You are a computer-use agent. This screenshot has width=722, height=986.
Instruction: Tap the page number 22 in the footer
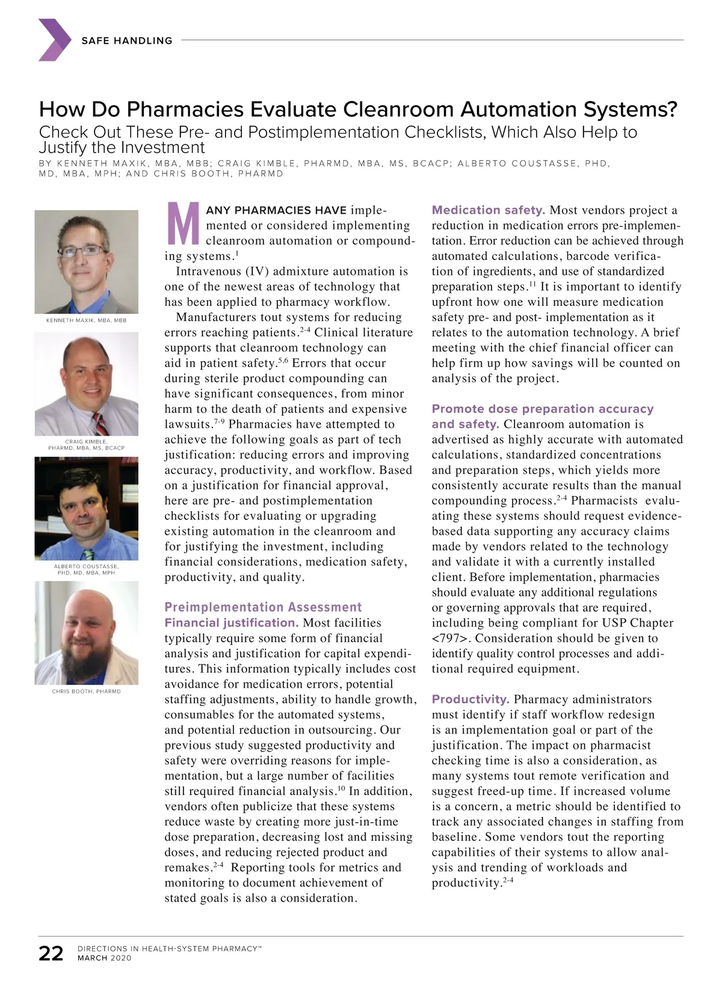[x=51, y=953]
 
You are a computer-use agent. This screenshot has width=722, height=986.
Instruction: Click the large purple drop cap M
[x=183, y=224]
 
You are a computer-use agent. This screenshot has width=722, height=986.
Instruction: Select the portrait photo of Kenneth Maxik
[x=87, y=261]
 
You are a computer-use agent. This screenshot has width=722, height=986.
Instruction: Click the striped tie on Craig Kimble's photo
[x=100, y=424]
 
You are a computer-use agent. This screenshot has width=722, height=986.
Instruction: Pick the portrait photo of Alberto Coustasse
[x=87, y=509]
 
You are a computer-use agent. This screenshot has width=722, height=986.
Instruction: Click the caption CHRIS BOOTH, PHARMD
[x=87, y=692]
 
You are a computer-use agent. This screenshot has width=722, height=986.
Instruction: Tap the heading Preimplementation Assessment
[x=263, y=607]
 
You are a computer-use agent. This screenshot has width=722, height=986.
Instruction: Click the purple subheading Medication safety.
[x=488, y=210]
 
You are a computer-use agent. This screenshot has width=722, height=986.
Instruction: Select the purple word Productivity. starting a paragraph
[x=471, y=699]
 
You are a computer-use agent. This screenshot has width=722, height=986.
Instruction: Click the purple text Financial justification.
[x=232, y=623]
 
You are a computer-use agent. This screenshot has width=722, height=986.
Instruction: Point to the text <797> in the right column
[x=449, y=638]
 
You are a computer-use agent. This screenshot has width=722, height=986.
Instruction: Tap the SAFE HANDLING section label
[x=127, y=40]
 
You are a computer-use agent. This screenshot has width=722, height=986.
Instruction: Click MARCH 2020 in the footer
[x=104, y=958]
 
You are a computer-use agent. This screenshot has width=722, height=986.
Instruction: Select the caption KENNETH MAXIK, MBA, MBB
[x=87, y=320]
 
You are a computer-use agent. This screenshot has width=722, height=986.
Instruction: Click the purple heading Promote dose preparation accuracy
[x=542, y=409]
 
